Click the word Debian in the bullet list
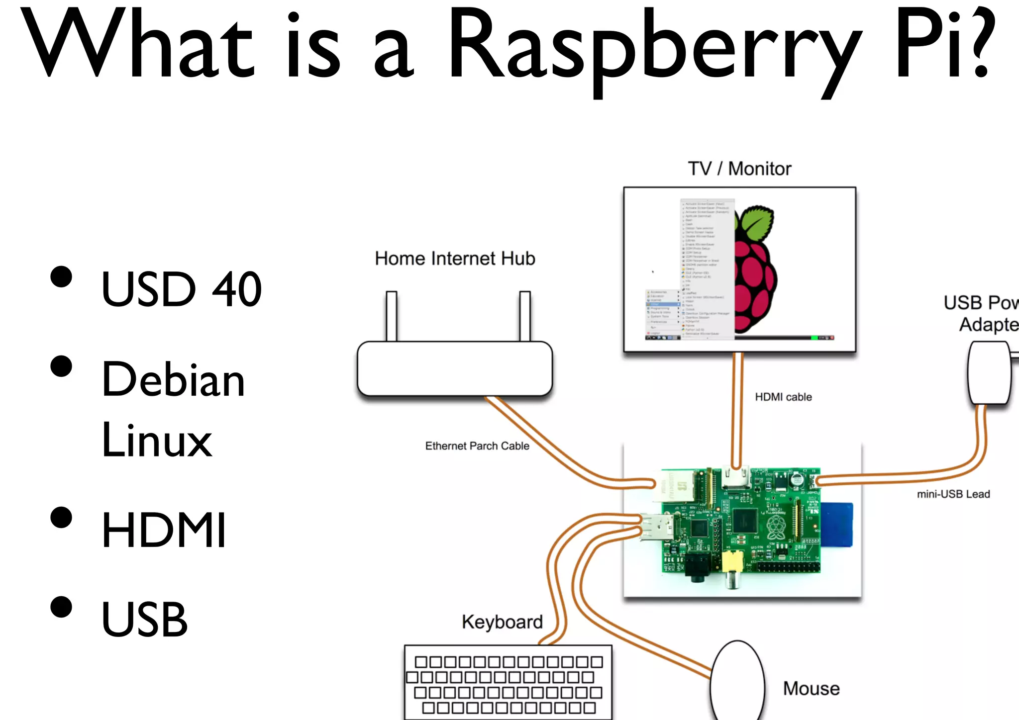(173, 380)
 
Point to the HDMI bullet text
(164, 530)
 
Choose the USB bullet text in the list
(144, 620)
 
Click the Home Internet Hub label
(455, 259)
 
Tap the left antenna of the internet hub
(392, 316)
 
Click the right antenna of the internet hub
(524, 316)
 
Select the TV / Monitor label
(739, 169)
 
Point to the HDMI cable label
(783, 397)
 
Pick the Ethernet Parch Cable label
(477, 446)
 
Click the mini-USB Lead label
(953, 494)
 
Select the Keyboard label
(502, 622)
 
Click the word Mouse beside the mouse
(811, 689)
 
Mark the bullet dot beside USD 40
(61, 277)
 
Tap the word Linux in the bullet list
(157, 441)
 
